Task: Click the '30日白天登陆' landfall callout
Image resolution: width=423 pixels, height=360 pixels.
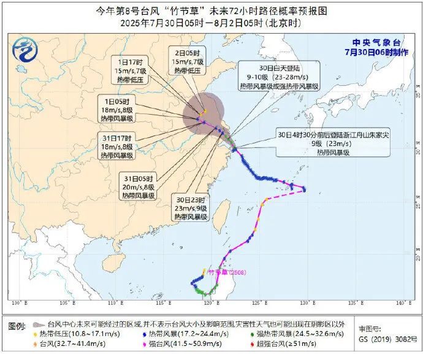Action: click(280, 78)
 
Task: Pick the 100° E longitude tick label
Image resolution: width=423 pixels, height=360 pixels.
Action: click(19, 303)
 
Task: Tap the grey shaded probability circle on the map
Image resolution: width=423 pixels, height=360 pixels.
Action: click(203, 112)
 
